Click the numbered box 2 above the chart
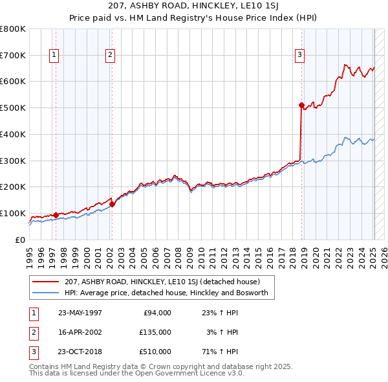tap(111, 56)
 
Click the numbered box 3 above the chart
tap(300, 56)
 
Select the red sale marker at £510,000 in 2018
tap(301, 104)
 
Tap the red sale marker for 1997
tap(56, 215)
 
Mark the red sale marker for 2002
tap(112, 204)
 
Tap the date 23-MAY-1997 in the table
tap(80, 313)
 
